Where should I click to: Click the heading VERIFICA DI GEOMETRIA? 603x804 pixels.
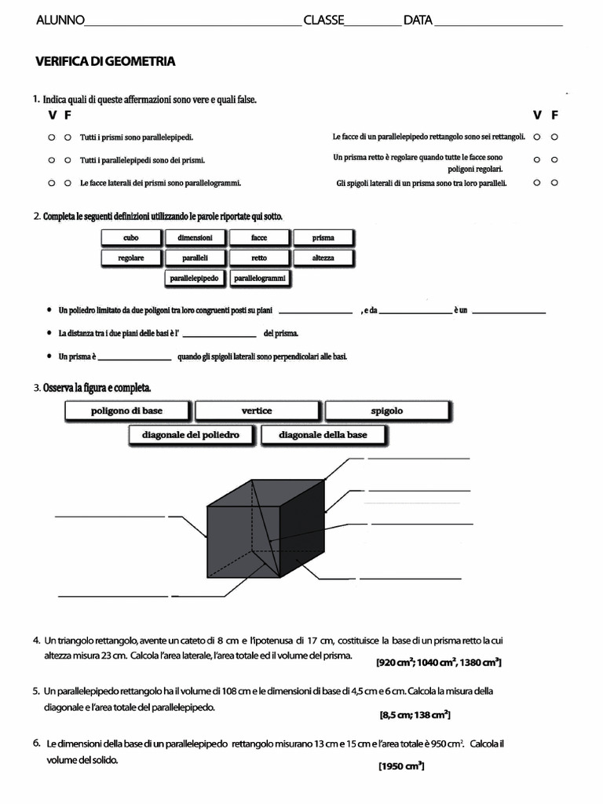(105, 61)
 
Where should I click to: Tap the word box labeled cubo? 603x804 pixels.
(131, 238)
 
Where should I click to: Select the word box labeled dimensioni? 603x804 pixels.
(196, 238)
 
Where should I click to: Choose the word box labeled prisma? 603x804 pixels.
(323, 238)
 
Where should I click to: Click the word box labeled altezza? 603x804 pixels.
(323, 258)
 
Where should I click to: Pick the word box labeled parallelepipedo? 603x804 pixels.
(196, 278)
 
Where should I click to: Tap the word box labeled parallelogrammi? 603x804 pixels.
(260, 278)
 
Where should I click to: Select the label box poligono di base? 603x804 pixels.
(127, 411)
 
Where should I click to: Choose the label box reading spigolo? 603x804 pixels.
(386, 411)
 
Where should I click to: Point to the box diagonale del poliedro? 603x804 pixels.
(191, 435)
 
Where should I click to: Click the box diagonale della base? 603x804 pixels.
(323, 435)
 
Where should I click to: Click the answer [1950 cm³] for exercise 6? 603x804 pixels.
(400, 766)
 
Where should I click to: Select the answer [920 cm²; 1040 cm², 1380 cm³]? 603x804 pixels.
(439, 663)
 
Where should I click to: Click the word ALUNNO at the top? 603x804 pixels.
(60, 20)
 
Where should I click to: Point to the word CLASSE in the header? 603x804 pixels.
(323, 20)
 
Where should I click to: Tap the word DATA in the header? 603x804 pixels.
(418, 20)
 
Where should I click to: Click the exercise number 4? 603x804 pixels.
(37, 640)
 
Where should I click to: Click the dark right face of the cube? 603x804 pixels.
(301, 534)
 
